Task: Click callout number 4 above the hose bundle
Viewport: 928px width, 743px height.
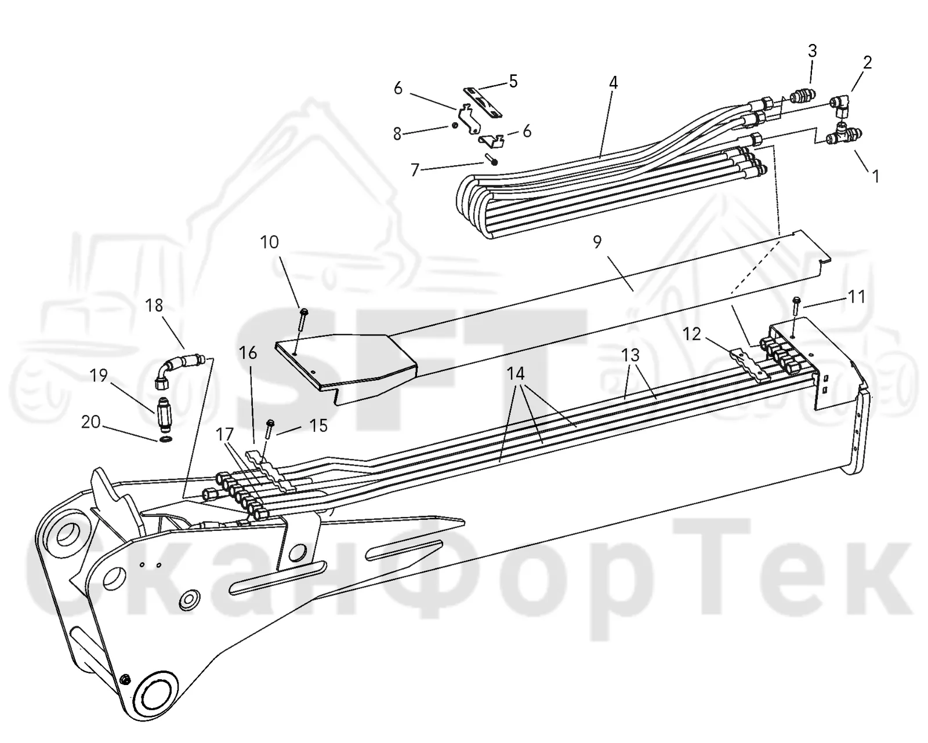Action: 613,83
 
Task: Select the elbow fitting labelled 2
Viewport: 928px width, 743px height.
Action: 842,105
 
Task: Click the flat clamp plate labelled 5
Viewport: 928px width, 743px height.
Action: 483,102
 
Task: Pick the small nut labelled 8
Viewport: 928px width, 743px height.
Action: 455,125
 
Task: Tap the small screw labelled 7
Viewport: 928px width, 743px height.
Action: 492,159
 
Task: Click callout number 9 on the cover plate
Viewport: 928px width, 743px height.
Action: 597,242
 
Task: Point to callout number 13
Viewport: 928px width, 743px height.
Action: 630,355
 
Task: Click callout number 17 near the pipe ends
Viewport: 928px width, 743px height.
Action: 224,435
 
